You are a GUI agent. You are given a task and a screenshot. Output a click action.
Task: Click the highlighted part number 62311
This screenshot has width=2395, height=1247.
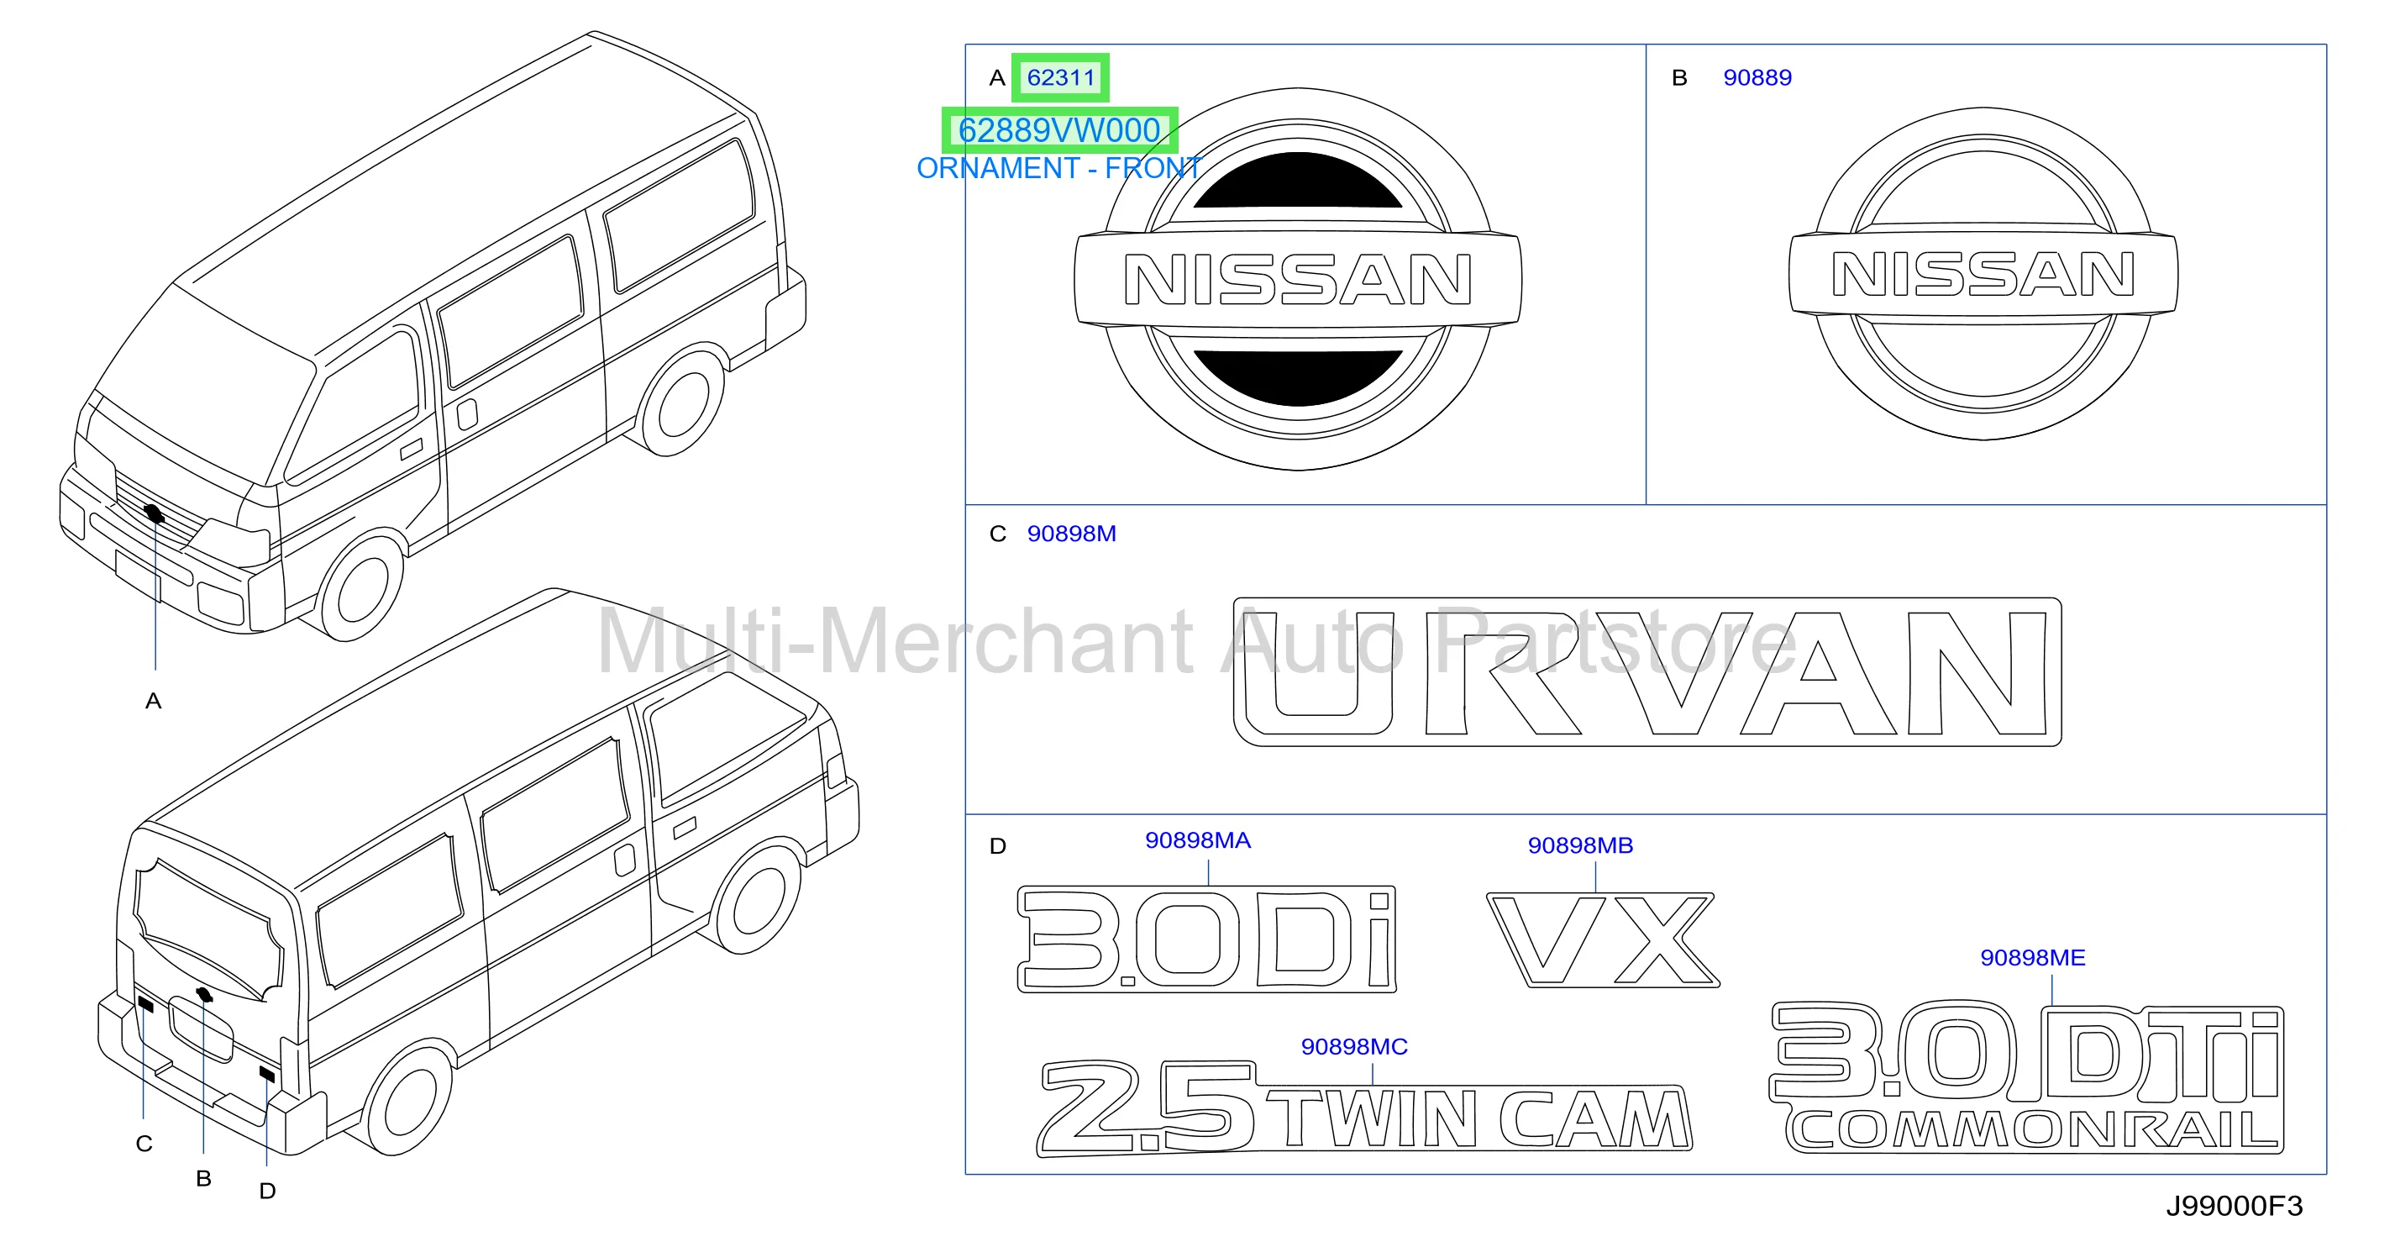pos(1061,78)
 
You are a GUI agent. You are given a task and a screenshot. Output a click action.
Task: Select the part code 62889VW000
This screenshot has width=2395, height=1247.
pos(1059,130)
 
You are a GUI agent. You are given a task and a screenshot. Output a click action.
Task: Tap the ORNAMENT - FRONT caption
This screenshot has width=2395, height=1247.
pos(1059,168)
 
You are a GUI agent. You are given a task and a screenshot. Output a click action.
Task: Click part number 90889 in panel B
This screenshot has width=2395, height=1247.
pos(1757,78)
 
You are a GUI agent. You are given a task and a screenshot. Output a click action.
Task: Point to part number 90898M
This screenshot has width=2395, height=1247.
pos(1071,534)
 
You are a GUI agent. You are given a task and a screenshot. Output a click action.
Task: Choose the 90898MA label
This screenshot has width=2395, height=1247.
pos(1198,840)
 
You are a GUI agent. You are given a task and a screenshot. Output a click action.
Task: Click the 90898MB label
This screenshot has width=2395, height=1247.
pos(1580,845)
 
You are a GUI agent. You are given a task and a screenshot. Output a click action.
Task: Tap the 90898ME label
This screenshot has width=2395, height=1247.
pos(2032,958)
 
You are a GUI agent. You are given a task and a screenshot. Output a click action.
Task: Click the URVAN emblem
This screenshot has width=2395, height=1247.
pos(1647,672)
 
